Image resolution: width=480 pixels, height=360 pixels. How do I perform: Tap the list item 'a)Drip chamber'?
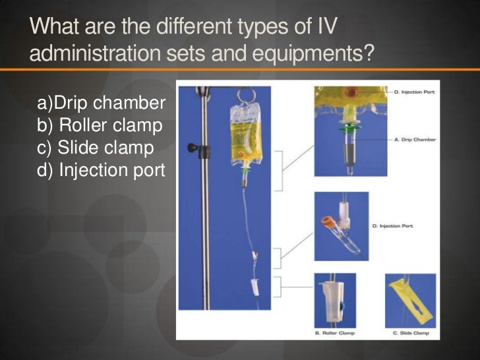pos(102,104)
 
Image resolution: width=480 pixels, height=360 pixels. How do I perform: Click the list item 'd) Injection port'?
pos(102,171)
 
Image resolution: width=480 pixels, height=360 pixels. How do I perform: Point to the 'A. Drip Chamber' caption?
pos(415,140)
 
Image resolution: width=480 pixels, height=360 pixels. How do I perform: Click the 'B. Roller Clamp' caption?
pos(335,333)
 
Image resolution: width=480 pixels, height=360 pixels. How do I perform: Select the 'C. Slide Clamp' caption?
pos(410,333)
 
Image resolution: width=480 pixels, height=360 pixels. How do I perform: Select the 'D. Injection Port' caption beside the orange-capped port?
pos(393,226)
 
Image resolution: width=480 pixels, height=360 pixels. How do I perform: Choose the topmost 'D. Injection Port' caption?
pos(415,92)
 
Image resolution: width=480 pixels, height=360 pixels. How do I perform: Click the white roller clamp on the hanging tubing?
pos(253,288)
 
